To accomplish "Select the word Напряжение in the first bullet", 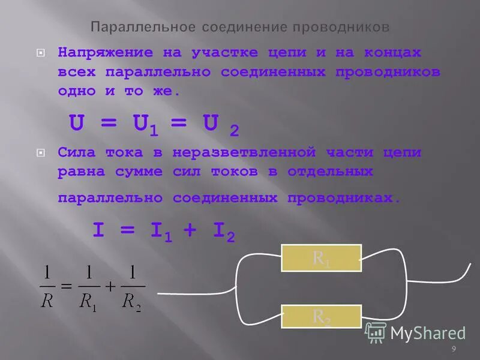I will pyautogui.click(x=106, y=52).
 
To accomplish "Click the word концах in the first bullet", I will pyautogui.click(x=392, y=52).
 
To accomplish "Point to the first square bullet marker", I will pyautogui.click(x=41, y=53).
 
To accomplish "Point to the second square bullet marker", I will pyautogui.click(x=41, y=153).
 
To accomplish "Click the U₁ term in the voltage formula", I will pyautogui.click(x=146, y=124).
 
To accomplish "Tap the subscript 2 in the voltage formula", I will pyautogui.click(x=235, y=131).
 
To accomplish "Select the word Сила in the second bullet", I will pyautogui.click(x=77, y=152).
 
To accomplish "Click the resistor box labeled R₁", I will pyautogui.click(x=322, y=258).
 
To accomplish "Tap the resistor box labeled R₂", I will pyautogui.click(x=322, y=317).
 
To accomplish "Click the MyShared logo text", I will pyautogui.click(x=427, y=332).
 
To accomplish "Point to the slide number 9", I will pyautogui.click(x=454, y=349).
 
